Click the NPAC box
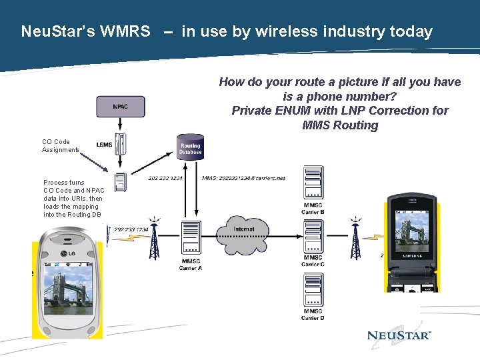coord(120,107)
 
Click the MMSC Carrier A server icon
coord(191,239)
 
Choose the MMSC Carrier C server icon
coord(313,236)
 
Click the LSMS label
coord(104,145)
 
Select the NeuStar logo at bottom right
coord(399,335)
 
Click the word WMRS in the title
coord(125,31)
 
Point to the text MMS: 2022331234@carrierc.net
coord(243,179)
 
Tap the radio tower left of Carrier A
coord(154,238)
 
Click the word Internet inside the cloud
coord(244,229)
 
